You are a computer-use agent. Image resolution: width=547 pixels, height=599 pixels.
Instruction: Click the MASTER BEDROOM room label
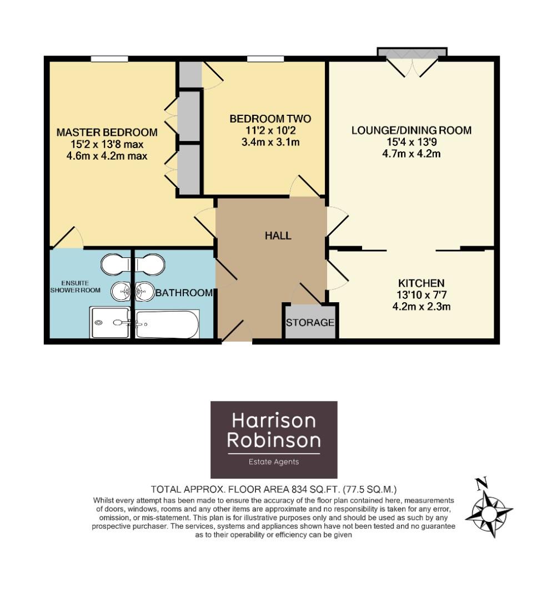click(107, 133)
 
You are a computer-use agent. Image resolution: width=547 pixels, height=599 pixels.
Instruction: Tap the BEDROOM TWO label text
click(270, 119)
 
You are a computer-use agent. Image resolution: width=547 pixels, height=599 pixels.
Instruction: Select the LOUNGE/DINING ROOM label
click(411, 130)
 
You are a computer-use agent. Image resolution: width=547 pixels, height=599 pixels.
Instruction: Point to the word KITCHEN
click(420, 282)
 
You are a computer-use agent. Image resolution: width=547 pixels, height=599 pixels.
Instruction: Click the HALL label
click(278, 236)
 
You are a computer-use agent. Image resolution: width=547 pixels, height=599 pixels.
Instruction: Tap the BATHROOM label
click(184, 293)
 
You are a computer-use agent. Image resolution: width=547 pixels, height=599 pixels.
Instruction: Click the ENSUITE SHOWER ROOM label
click(69, 286)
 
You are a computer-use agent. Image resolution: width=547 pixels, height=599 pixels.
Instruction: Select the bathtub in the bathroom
click(167, 324)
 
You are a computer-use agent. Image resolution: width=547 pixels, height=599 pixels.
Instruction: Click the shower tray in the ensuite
click(111, 323)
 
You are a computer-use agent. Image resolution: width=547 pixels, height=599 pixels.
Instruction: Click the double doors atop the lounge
click(411, 63)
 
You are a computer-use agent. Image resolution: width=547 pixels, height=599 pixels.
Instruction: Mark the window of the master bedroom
click(110, 58)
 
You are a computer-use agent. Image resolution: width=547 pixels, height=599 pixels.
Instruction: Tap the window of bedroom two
click(265, 58)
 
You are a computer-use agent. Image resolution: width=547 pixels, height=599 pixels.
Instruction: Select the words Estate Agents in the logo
click(273, 461)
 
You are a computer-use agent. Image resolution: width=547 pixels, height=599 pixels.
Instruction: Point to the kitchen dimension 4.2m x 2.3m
click(420, 306)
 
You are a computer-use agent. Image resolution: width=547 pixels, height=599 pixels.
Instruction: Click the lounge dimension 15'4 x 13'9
click(411, 142)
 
